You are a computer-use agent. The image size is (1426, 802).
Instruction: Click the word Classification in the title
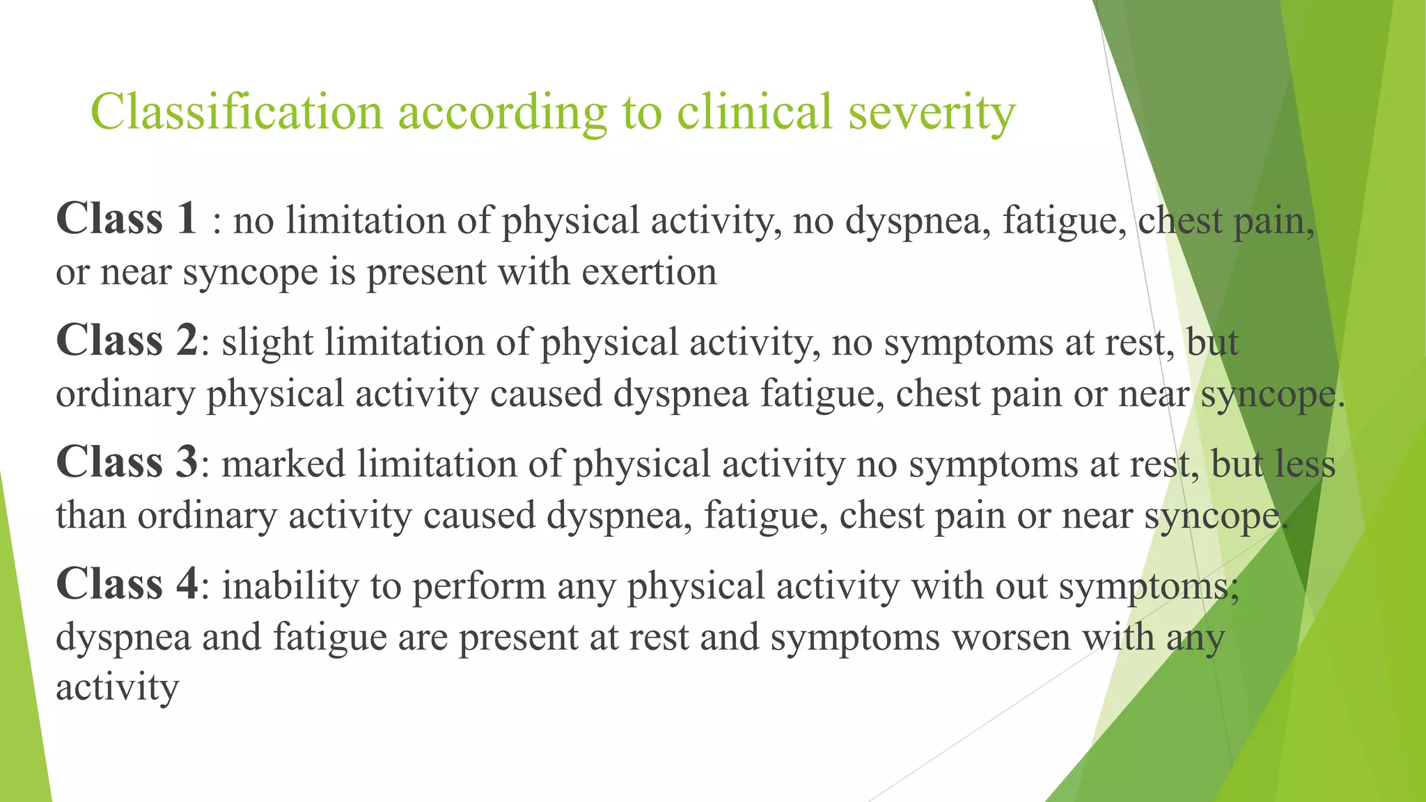(x=237, y=112)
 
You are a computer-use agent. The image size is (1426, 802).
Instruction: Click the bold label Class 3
(x=127, y=462)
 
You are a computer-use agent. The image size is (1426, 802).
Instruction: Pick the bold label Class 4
(x=127, y=584)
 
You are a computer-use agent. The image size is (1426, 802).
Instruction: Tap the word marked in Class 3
(x=283, y=464)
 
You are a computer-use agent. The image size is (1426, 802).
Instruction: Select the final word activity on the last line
(x=117, y=688)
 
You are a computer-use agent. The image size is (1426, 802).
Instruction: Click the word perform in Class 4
(x=479, y=586)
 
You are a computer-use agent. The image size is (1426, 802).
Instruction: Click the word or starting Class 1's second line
(x=72, y=273)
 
